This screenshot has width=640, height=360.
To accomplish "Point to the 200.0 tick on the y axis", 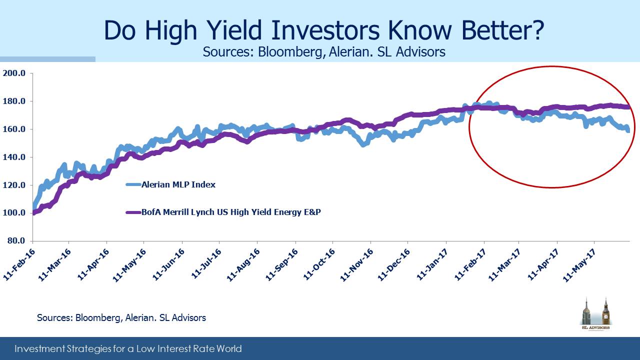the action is pos(14,73).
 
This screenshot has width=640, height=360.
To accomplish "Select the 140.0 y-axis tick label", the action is pos(14,157).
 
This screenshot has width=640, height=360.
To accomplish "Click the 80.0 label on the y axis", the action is pos(16,240).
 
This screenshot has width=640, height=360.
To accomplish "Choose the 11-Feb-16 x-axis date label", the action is pos(19,264).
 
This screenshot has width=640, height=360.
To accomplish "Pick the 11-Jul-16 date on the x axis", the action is pos(206,264).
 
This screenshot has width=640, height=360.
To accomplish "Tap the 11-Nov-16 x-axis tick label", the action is pos(356,265).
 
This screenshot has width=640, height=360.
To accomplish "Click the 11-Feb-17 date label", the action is pos(470,264).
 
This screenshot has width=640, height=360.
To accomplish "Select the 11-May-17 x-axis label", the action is pos(579,265).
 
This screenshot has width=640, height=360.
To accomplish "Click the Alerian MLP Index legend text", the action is pos(178,184).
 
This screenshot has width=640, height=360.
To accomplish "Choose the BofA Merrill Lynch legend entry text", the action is pos(231,212).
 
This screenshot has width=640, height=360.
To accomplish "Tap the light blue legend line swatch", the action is pos(133,184).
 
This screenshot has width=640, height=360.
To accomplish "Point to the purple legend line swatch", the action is pos(133,212).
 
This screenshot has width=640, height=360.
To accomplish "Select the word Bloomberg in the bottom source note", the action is pos(97,318).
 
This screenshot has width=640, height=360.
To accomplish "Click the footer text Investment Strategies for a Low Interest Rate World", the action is pos(128,349).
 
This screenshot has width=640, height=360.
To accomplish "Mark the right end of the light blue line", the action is pos(628,131).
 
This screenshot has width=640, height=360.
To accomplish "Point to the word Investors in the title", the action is pos(325,30).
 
